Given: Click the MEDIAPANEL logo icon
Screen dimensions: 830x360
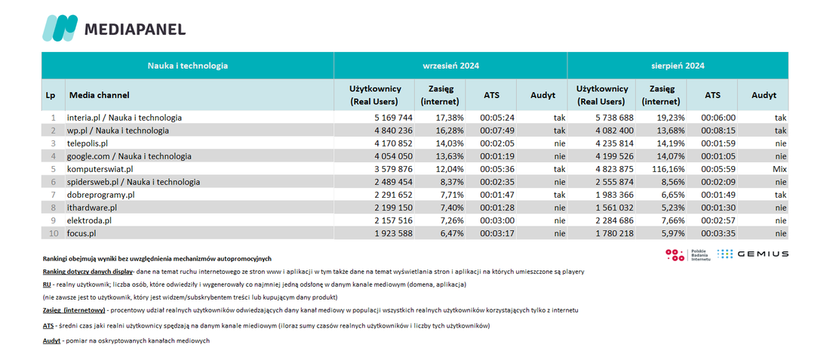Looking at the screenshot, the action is pos(60,28).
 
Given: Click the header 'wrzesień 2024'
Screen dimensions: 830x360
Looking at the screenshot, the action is pos(450,66).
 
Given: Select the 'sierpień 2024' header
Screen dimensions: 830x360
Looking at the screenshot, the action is pos(678,66).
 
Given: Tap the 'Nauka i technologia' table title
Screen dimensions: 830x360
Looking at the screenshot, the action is pos(187,66).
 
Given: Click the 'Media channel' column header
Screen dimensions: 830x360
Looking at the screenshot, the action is pos(99,95).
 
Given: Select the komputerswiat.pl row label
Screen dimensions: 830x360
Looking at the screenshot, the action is pos(100,169).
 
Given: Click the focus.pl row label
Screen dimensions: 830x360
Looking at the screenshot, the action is pos(82,234).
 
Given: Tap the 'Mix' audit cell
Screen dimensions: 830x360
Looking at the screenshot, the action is pos(779,169).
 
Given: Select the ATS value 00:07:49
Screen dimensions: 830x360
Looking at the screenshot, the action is pos(497,131).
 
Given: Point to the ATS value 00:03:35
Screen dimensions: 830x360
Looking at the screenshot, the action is pos(718,234).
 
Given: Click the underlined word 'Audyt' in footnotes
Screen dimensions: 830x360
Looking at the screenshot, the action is pos(51,341).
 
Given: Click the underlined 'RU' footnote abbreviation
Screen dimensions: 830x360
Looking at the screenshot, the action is pos(47,285).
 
